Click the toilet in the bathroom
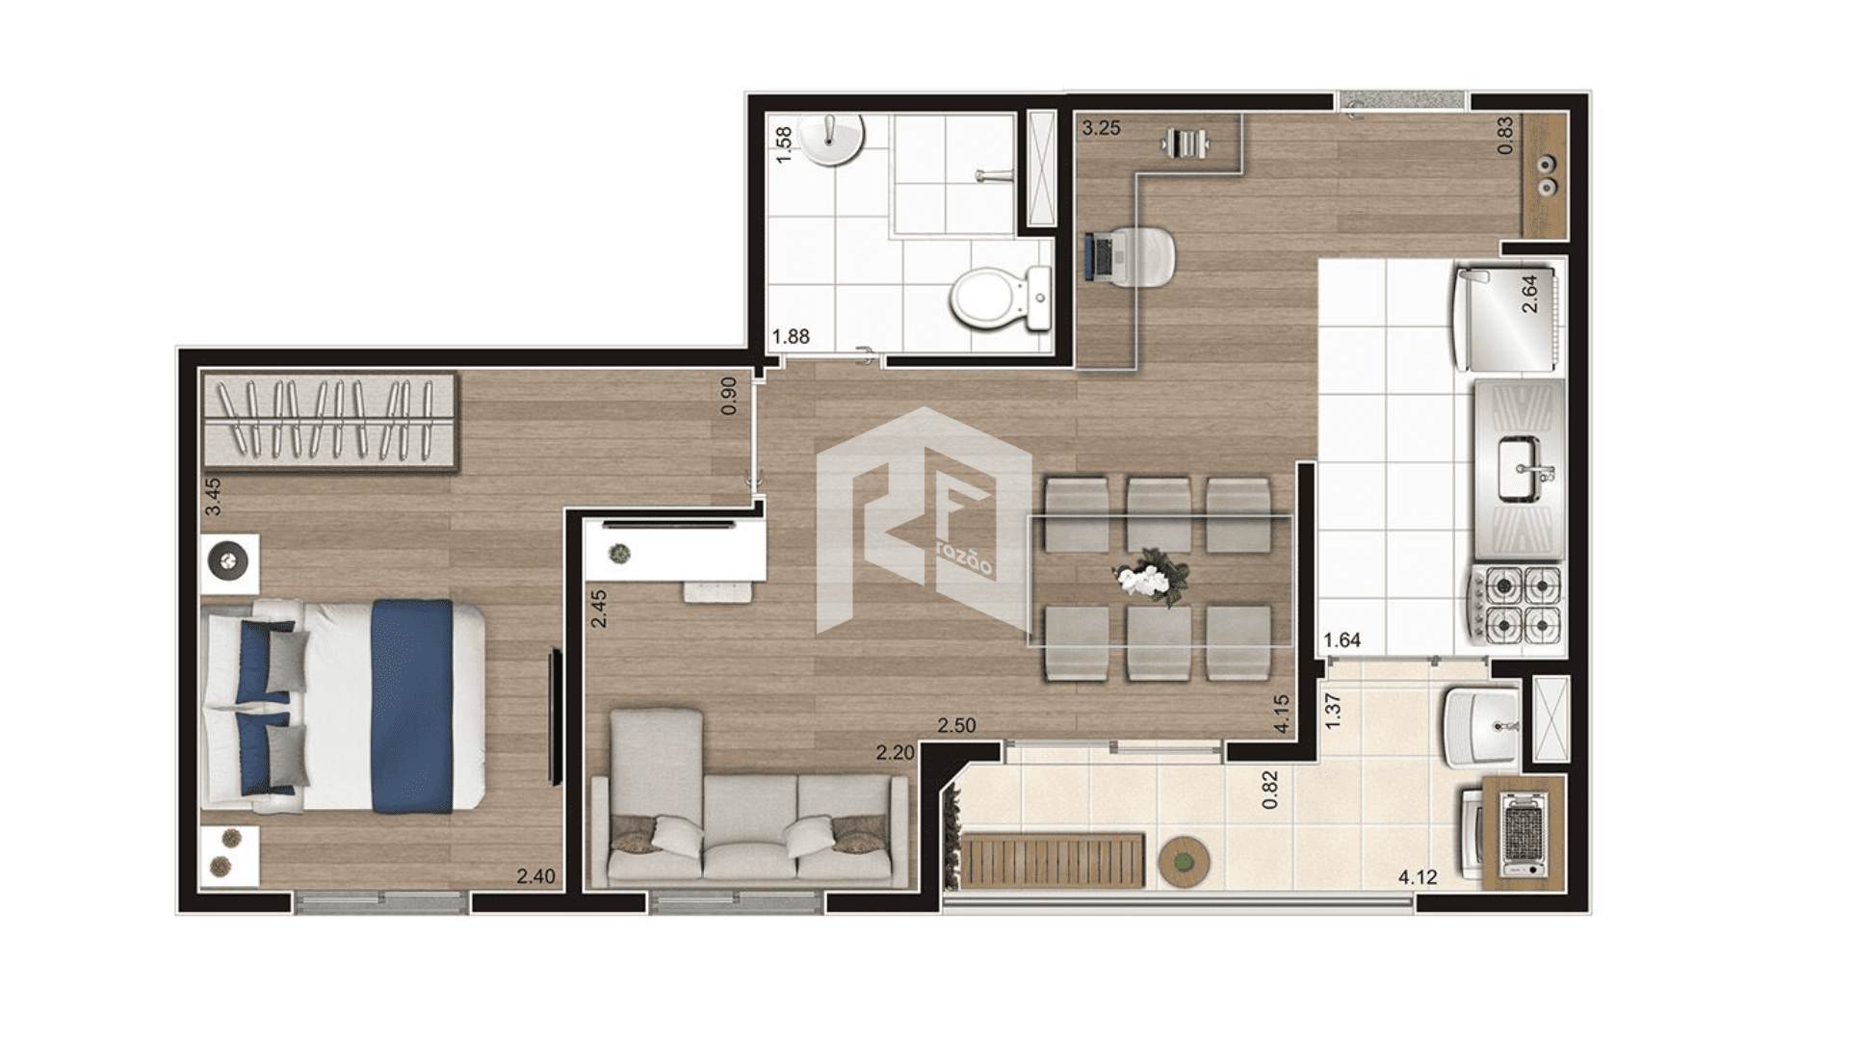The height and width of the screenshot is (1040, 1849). coord(1002,298)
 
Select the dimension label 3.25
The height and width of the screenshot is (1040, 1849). coord(1101,128)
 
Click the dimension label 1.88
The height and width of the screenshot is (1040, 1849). coord(791,336)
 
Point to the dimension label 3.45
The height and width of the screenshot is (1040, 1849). coord(213,497)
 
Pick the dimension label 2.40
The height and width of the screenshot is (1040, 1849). coord(535,876)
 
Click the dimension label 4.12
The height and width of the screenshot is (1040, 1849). coord(1418,877)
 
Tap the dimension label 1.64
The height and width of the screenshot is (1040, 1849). coord(1341,640)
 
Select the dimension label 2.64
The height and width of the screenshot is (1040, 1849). coord(1529,294)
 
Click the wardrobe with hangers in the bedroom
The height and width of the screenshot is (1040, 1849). coord(329,422)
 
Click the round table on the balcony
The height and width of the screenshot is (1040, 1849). coord(1184,861)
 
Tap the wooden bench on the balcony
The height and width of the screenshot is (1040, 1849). coord(1054,861)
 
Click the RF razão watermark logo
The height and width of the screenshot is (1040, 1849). coord(923,521)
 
